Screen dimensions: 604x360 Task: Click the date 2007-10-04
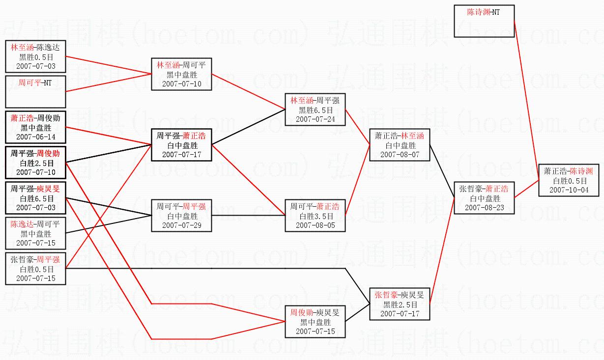(x=569, y=190)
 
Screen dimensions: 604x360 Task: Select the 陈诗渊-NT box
(x=484, y=21)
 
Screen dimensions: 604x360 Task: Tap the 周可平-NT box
(x=35, y=91)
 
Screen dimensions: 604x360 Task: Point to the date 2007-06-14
(x=35, y=137)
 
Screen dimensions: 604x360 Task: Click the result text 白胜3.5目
(x=315, y=216)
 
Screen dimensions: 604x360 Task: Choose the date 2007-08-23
(x=484, y=208)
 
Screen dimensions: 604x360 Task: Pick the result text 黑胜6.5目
(x=315, y=110)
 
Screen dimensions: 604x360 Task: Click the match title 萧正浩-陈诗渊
(x=569, y=171)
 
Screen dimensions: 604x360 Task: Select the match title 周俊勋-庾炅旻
(x=315, y=312)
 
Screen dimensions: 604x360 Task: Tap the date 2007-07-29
(x=182, y=225)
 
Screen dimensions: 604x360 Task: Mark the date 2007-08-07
(x=399, y=154)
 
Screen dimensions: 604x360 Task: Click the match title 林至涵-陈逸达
(x=35, y=47)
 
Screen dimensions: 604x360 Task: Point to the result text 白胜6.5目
(x=35, y=198)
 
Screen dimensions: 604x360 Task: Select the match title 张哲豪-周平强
(x=35, y=259)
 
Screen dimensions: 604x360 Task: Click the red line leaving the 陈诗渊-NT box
(x=526, y=93)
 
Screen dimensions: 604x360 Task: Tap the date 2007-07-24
(x=315, y=119)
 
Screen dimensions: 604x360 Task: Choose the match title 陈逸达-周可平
(x=35, y=224)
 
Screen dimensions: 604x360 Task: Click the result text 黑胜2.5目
(x=399, y=305)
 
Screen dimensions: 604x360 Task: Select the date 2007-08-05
(x=315, y=225)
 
